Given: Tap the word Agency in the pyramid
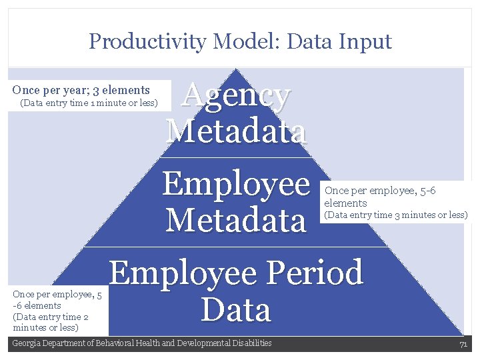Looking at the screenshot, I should [237, 97].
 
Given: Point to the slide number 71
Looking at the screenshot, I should [463, 344].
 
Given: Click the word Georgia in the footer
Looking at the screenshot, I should [27, 343].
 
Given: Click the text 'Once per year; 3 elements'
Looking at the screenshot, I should [81, 90].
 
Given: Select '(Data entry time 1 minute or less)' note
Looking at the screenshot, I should [89, 103].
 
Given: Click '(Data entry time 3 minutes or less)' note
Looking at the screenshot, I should [395, 215].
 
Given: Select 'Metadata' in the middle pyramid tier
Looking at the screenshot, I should [235, 220].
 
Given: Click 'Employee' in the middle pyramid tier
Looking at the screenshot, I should [236, 184].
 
